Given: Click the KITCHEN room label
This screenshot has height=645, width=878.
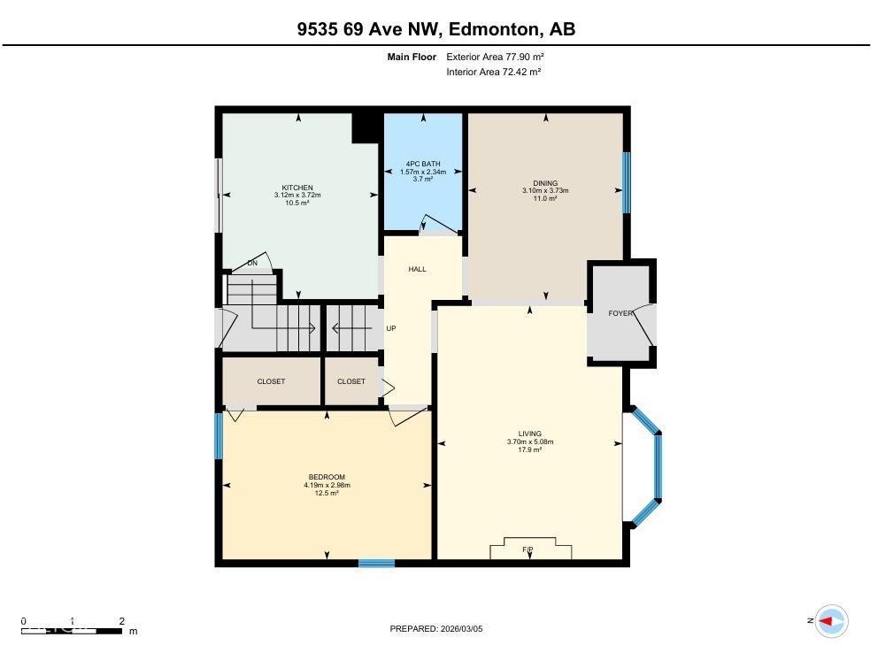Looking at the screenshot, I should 297,188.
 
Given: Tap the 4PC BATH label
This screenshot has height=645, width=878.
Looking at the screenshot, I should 422,164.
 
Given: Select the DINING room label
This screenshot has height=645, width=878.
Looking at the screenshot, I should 545,183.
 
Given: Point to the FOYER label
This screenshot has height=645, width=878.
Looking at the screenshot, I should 620,313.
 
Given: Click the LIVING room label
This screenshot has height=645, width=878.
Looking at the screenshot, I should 529,434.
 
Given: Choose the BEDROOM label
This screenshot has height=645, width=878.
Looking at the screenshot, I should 327,477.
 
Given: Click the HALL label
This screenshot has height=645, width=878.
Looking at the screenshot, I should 417,269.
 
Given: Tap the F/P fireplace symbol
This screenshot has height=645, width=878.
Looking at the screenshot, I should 528,549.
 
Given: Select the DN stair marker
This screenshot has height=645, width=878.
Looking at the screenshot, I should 252,263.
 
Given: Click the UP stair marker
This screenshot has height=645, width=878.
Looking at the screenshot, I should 391,328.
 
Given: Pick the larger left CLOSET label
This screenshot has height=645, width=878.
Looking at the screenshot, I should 271,381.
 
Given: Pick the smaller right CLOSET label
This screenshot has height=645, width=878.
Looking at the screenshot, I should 350,381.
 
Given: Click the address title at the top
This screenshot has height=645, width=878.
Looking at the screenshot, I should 436,29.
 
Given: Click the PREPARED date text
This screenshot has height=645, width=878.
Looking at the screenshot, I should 436,629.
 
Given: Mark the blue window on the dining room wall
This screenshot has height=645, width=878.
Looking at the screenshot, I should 626,182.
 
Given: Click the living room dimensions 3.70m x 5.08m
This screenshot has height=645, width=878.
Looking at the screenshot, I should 529,442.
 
